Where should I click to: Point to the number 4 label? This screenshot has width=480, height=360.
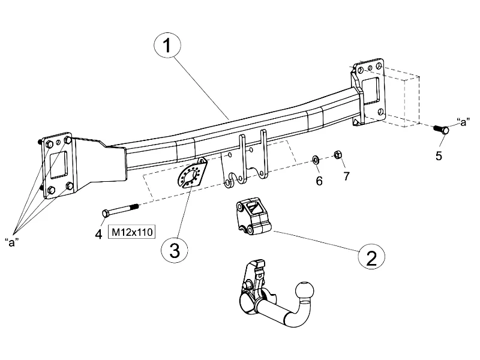pyautogui.click(x=98, y=233)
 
